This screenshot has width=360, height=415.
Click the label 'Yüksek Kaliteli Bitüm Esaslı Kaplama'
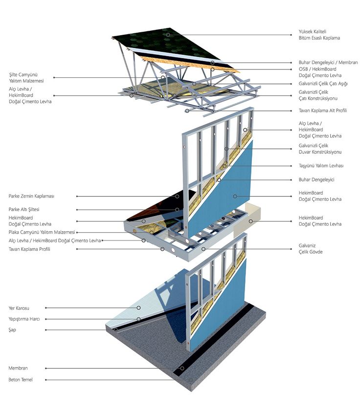pos(319,35)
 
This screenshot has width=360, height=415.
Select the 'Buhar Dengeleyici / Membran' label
pos(328,63)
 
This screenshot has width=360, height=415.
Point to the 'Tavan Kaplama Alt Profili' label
pos(323,110)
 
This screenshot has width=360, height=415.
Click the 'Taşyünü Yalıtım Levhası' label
pos(321,166)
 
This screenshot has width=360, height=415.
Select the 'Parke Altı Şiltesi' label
pos(24,209)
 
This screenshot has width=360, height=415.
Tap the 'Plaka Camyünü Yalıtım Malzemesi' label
pos(42,232)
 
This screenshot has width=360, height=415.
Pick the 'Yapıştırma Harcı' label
pos(24,319)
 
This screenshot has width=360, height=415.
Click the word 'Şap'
pos(13,330)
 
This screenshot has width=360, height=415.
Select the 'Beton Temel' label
pos(21,379)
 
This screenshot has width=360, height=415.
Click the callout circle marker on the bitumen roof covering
pos(168,35)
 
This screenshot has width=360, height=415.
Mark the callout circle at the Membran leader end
pos(182,368)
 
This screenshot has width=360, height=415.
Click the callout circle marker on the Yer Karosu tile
pos(139,308)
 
